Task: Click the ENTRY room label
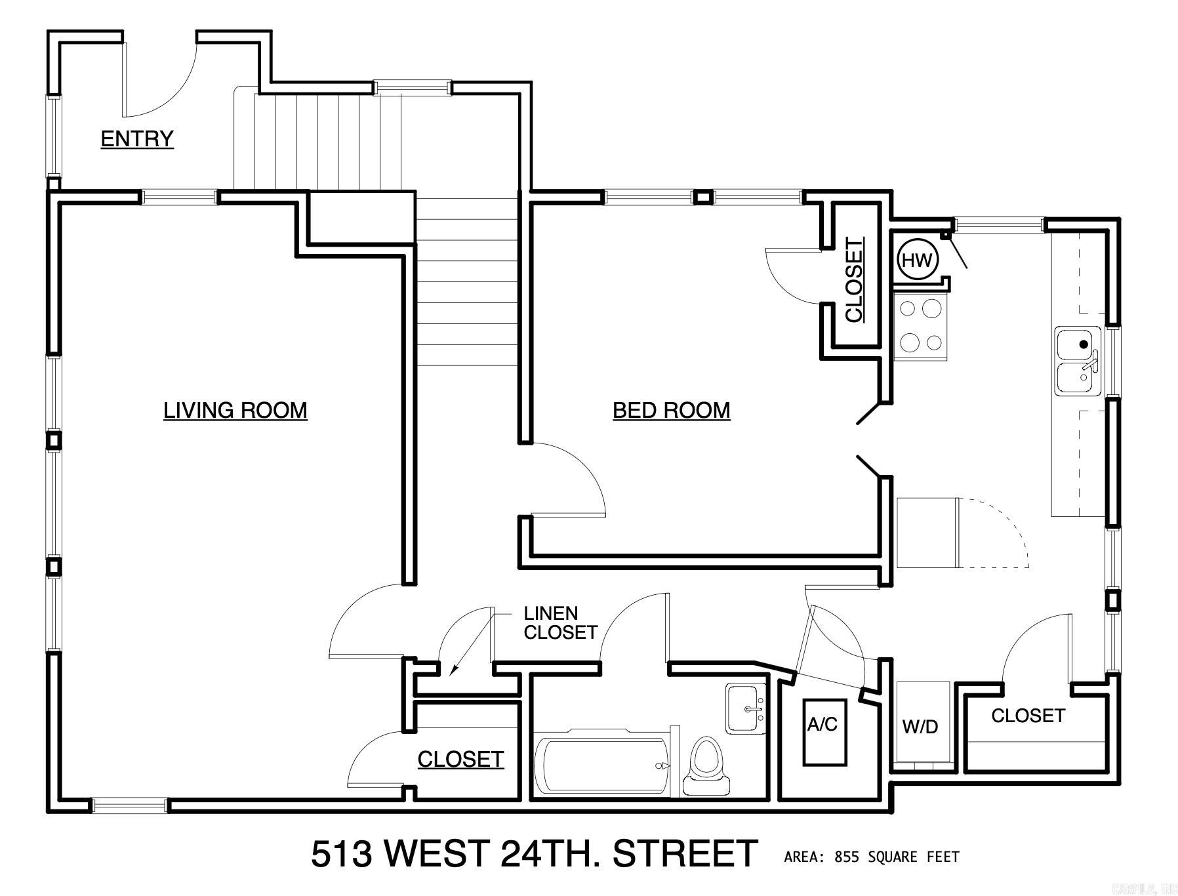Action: [137, 138]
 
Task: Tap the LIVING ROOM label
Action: [235, 410]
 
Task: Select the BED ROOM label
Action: [671, 410]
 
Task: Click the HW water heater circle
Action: [917, 260]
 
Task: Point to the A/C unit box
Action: [824, 732]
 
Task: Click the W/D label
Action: [920, 726]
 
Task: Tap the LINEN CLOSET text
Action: [559, 623]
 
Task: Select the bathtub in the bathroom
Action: [602, 764]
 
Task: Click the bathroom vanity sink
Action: [746, 708]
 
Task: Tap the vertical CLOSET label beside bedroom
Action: [854, 280]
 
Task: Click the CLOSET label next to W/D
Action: [1027, 716]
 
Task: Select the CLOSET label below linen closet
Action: [460, 759]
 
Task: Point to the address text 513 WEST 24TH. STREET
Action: [534, 853]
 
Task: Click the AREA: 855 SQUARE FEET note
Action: [871, 857]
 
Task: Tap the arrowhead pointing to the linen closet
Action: [453, 671]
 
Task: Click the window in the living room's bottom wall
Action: [129, 805]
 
